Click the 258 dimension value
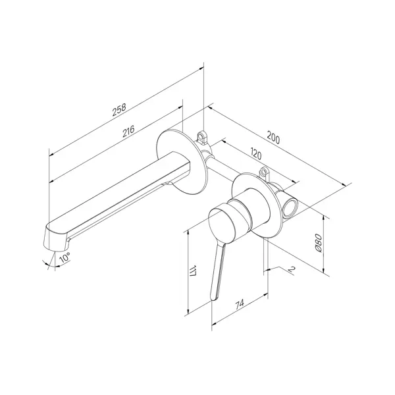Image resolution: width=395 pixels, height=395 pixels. (119, 110)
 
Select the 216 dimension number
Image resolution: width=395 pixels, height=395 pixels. (128, 131)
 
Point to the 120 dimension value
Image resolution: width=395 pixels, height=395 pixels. (256, 154)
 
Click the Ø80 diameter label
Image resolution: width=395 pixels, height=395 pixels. (318, 243)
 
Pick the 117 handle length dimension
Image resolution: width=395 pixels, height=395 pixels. (193, 271)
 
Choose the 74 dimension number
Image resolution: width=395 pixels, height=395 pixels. (240, 304)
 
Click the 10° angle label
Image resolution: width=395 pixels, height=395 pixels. (65, 257)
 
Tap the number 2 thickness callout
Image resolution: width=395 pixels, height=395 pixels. (291, 269)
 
